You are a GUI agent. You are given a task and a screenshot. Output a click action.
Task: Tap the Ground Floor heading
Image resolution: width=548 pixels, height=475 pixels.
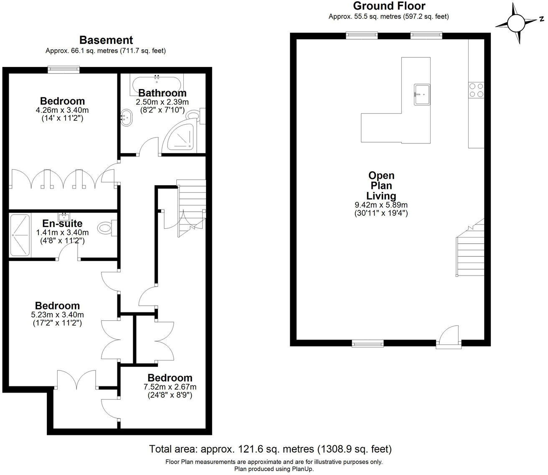(389, 6)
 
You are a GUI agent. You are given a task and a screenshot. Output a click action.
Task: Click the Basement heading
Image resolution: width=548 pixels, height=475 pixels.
(106, 40)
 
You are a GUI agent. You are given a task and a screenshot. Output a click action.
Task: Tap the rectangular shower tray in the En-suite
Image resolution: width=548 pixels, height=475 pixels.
(20, 235)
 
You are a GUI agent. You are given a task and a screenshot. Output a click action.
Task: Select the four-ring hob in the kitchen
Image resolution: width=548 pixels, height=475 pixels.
(477, 89)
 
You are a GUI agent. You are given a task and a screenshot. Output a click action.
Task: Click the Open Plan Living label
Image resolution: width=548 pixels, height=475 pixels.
(381, 186)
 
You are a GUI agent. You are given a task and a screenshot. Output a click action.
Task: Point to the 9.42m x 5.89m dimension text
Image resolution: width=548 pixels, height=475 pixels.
(381, 205)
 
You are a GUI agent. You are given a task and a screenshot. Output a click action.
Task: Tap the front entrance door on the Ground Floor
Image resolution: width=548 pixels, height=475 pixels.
(449, 337)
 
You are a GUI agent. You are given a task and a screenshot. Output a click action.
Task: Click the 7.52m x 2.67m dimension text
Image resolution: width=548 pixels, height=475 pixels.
(170, 387)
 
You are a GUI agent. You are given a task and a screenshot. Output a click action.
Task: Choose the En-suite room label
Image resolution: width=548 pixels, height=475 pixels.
(62, 223)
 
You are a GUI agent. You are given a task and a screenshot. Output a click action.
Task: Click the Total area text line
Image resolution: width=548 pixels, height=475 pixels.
(270, 449)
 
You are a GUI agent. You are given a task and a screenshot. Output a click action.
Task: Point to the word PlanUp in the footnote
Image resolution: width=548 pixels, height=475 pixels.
(302, 469)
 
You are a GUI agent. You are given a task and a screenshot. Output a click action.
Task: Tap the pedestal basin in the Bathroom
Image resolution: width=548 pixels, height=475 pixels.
(127, 117)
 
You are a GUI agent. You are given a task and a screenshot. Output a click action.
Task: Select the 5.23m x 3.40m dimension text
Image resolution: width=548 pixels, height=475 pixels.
(57, 314)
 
